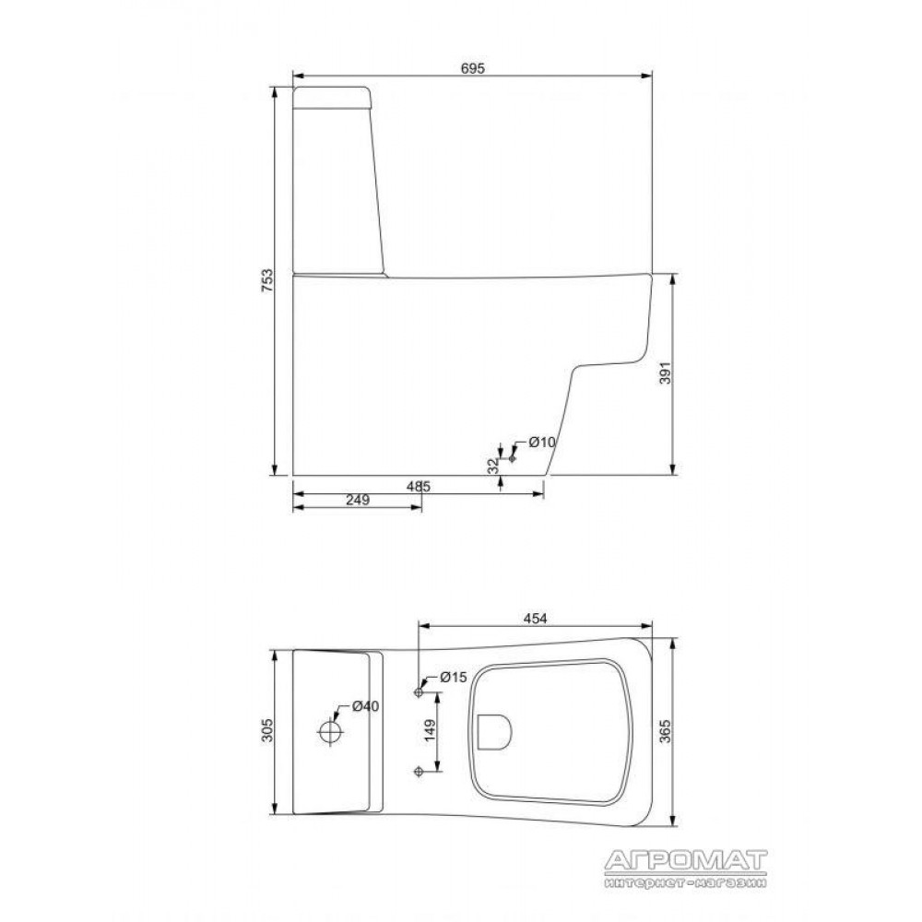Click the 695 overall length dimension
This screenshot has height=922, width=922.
(x=473, y=68)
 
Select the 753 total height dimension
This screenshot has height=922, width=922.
(x=267, y=281)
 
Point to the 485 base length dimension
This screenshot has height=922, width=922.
(x=419, y=487)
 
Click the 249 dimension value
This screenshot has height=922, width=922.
(x=358, y=500)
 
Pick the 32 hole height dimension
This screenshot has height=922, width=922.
(x=492, y=465)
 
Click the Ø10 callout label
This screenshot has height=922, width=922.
(x=541, y=442)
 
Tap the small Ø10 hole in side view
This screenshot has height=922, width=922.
(x=512, y=457)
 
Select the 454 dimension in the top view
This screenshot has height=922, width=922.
(x=535, y=619)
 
